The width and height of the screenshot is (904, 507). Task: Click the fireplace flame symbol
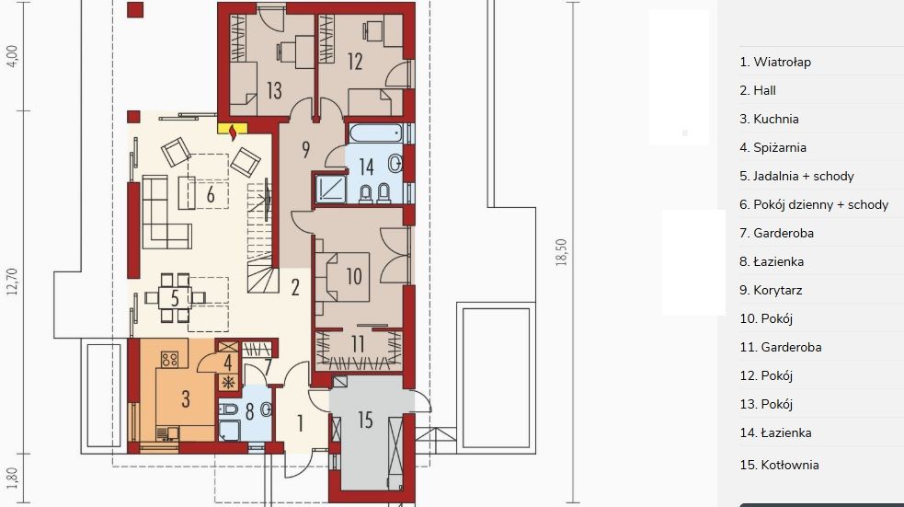[233, 133]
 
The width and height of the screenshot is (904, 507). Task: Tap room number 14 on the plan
[367, 167]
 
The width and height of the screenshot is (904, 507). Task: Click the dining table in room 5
[176, 297]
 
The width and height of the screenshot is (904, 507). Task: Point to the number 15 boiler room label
[365, 420]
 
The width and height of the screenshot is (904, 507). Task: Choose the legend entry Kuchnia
[769, 119]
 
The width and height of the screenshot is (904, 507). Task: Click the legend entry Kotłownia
[779, 465]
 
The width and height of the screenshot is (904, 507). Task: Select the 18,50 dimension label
[562, 253]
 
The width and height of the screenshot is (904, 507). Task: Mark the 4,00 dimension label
[12, 56]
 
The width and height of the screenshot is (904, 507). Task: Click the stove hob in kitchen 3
[169, 360]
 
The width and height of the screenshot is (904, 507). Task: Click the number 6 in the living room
[211, 195]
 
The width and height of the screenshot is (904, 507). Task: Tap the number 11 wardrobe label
[358, 344]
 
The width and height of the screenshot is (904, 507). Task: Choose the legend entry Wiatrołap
[775, 62]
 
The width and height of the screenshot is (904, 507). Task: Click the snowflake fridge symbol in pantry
[229, 382]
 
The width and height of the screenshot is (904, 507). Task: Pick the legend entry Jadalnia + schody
[796, 176]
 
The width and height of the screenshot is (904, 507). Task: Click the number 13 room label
[274, 90]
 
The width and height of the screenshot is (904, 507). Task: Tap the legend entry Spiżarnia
[773, 147]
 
